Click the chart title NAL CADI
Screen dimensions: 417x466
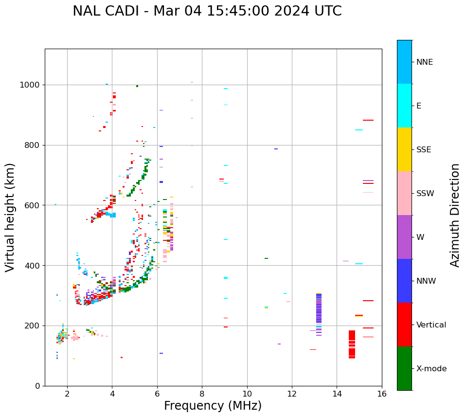pyautogui.click(x=207, y=11)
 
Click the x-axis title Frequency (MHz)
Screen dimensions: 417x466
pyautogui.click(x=213, y=406)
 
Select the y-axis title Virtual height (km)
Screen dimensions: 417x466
pyautogui.click(x=10, y=218)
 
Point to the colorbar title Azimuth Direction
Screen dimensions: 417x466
pyautogui.click(x=455, y=215)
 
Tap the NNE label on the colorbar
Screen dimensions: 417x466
pyautogui.click(x=424, y=62)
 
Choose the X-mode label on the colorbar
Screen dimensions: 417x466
pyautogui.click(x=431, y=369)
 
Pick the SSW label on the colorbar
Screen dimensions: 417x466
pyautogui.click(x=425, y=194)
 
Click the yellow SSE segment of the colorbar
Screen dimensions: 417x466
pyautogui.click(x=404, y=149)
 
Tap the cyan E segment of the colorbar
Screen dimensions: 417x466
pyautogui.click(x=404, y=106)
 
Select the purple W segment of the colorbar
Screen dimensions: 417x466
pyautogui.click(x=404, y=237)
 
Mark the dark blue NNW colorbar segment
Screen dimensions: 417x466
pyautogui.click(x=404, y=281)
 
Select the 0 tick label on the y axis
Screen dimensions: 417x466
pyautogui.click(x=38, y=386)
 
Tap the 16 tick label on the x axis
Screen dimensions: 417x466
pyautogui.click(x=381, y=394)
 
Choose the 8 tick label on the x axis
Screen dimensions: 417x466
pyautogui.click(x=202, y=394)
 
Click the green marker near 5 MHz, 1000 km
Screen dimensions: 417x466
pyautogui.click(x=137, y=86)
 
